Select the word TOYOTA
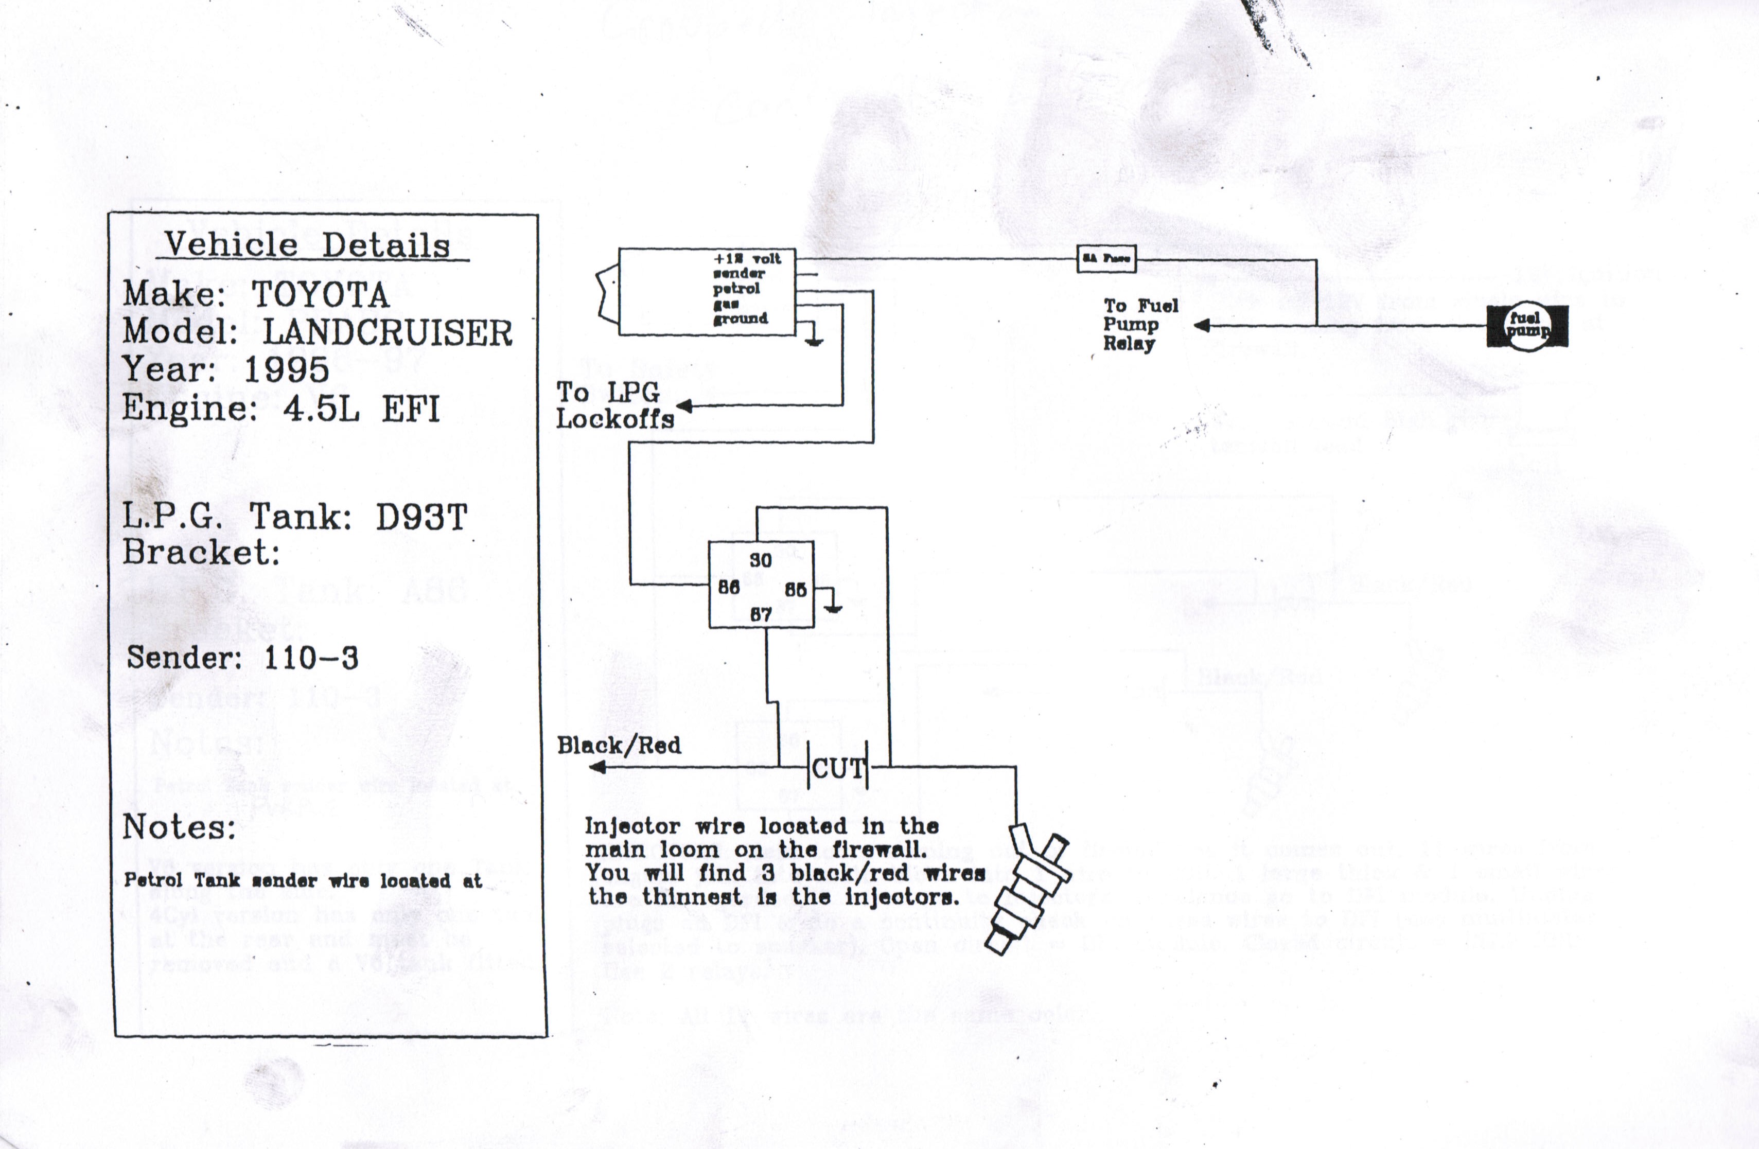321,295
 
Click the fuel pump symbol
1527,326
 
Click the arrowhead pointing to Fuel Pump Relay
1202,325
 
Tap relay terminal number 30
761,560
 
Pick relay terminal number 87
761,614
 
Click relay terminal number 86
729,588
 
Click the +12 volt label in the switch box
746,259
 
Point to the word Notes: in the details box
179,827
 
